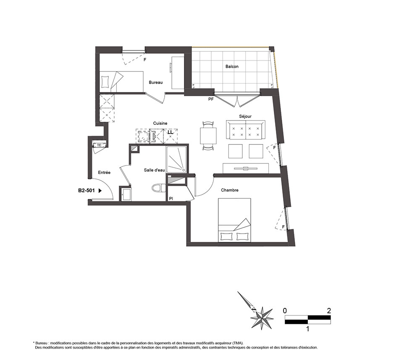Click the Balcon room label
(232, 66)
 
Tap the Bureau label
(156, 82)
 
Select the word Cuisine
(160, 123)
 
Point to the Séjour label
(245, 116)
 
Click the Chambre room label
(230, 190)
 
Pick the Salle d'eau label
(154, 170)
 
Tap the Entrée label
(104, 173)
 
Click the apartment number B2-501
(87, 191)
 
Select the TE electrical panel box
(100, 145)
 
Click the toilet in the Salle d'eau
(159, 188)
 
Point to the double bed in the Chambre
(234, 220)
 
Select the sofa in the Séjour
(246, 130)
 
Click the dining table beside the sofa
(208, 136)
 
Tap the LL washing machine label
(171, 132)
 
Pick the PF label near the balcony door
(211, 99)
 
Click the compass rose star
(262, 318)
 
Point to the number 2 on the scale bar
(329, 311)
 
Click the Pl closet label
(171, 198)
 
